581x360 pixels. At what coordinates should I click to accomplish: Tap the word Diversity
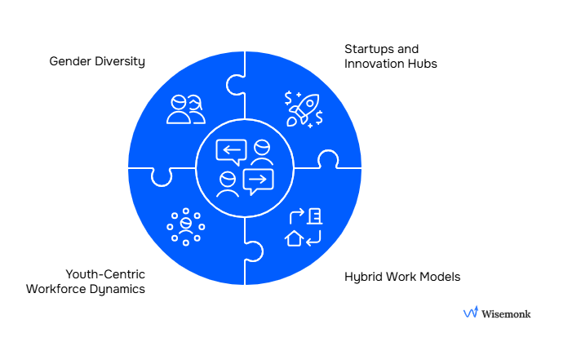click(119, 61)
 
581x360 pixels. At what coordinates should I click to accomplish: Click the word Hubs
click(424, 64)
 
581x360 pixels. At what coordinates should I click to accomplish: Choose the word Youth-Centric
click(105, 273)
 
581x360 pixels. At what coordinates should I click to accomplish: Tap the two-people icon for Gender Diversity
click(186, 109)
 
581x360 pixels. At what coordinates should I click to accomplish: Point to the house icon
click(294, 238)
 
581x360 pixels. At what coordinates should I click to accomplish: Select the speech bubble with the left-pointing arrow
click(231, 151)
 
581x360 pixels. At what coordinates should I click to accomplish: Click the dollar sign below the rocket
click(318, 119)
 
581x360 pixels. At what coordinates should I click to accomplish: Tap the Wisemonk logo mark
click(471, 312)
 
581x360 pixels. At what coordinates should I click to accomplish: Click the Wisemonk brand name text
click(507, 313)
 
